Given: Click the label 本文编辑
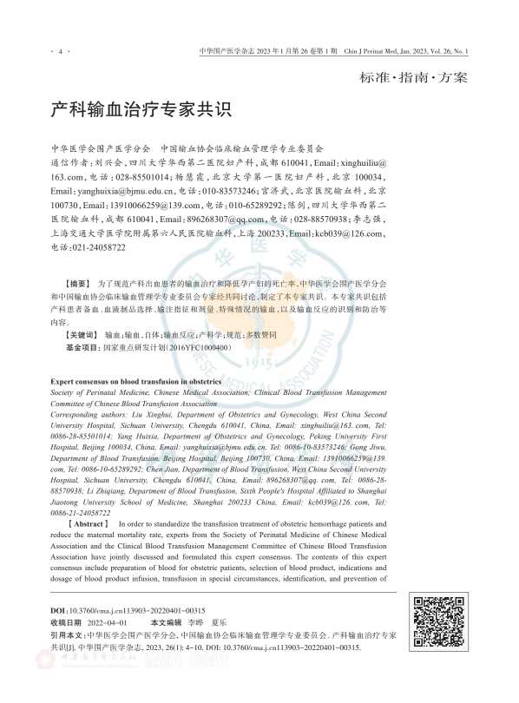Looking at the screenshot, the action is pyautogui.click(x=168, y=622).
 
